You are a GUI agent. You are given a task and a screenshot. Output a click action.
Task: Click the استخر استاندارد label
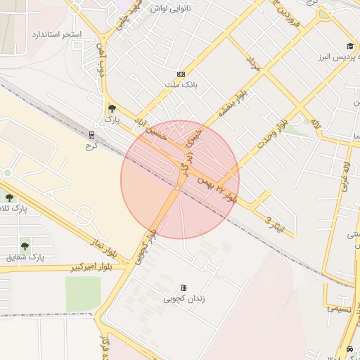tap(57, 34)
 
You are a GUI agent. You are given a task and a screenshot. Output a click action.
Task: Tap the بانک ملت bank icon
tap(181, 74)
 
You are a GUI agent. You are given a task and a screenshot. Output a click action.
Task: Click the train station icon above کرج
tap(91, 134)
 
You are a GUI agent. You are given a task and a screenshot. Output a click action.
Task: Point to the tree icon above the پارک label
tap(112, 108)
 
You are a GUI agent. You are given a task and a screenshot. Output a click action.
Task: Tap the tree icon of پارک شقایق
tap(25, 246)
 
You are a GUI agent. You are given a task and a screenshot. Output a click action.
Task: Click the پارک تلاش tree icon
tap(9, 198)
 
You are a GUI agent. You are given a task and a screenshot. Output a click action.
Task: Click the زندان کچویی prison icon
tap(184, 288)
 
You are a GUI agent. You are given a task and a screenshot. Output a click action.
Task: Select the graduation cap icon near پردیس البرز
tap(349, 46)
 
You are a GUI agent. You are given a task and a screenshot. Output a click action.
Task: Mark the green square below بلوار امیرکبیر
tap(83, 292)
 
